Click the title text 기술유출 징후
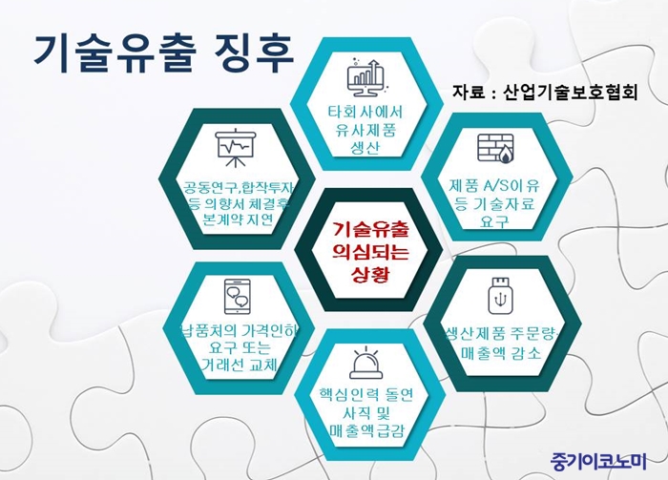pyautogui.click(x=164, y=54)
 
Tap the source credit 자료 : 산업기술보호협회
pyautogui.click(x=545, y=92)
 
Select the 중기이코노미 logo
pyautogui.click(x=598, y=460)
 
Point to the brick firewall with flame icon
pyautogui.click(x=495, y=148)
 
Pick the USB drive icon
pyautogui.click(x=501, y=296)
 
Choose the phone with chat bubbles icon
pyautogui.click(x=237, y=297)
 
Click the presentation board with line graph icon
pyautogui.click(x=236, y=147)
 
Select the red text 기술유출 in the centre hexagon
pyautogui.click(x=370, y=230)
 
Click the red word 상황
pyautogui.click(x=370, y=274)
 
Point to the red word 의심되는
pyautogui.click(x=370, y=252)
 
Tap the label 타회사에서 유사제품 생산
pyautogui.click(x=365, y=130)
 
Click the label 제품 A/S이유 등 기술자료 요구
pyautogui.click(x=494, y=203)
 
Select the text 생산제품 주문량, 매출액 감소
pyautogui.click(x=501, y=344)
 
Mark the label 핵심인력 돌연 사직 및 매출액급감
pyautogui.click(x=366, y=412)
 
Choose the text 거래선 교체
pyautogui.click(x=239, y=365)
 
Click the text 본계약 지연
pyautogui.click(x=239, y=219)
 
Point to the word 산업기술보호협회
pyautogui.click(x=570, y=92)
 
